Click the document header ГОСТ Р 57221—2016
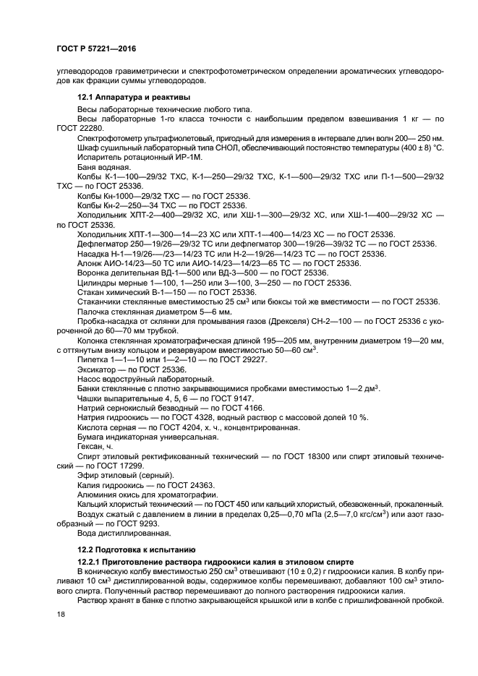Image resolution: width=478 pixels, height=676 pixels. (95, 48)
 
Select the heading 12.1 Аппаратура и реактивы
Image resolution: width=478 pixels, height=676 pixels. (134, 97)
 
